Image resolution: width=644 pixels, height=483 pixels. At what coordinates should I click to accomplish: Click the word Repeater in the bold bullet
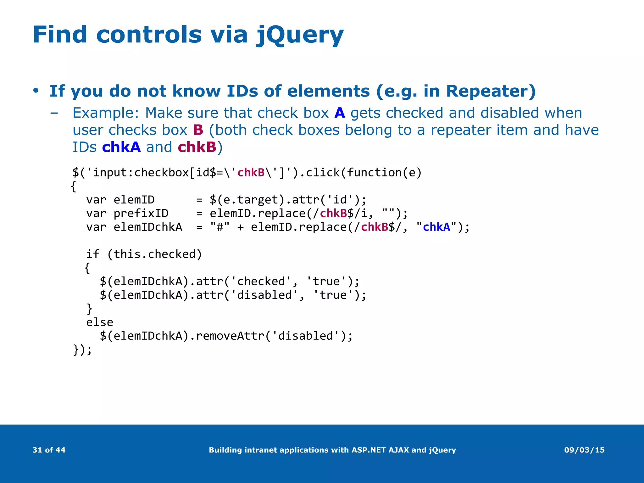(x=487, y=91)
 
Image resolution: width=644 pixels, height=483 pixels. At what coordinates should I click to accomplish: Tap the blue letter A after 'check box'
(x=340, y=113)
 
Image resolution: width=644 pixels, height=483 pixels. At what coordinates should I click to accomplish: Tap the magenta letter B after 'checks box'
(x=198, y=130)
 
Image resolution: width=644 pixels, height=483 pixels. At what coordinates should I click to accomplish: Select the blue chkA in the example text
(x=121, y=147)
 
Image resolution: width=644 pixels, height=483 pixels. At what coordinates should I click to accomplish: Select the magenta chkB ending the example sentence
(x=197, y=147)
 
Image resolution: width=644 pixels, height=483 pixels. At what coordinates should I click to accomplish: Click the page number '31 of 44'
(x=49, y=450)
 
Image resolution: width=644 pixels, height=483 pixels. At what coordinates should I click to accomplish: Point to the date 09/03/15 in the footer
(x=584, y=450)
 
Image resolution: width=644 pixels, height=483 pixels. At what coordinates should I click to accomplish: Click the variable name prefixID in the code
(x=141, y=214)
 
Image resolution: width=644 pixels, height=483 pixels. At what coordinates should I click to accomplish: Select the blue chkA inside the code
(x=436, y=227)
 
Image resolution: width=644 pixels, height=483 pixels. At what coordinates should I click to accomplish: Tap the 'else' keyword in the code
(x=100, y=322)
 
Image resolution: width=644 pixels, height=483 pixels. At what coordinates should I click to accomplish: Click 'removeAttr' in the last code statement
(x=230, y=336)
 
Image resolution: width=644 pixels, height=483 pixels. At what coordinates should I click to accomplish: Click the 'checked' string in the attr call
(x=261, y=281)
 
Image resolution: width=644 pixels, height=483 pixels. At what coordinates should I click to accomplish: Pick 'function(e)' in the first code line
(x=384, y=173)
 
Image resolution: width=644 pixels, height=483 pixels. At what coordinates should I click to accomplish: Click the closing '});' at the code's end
(x=82, y=350)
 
